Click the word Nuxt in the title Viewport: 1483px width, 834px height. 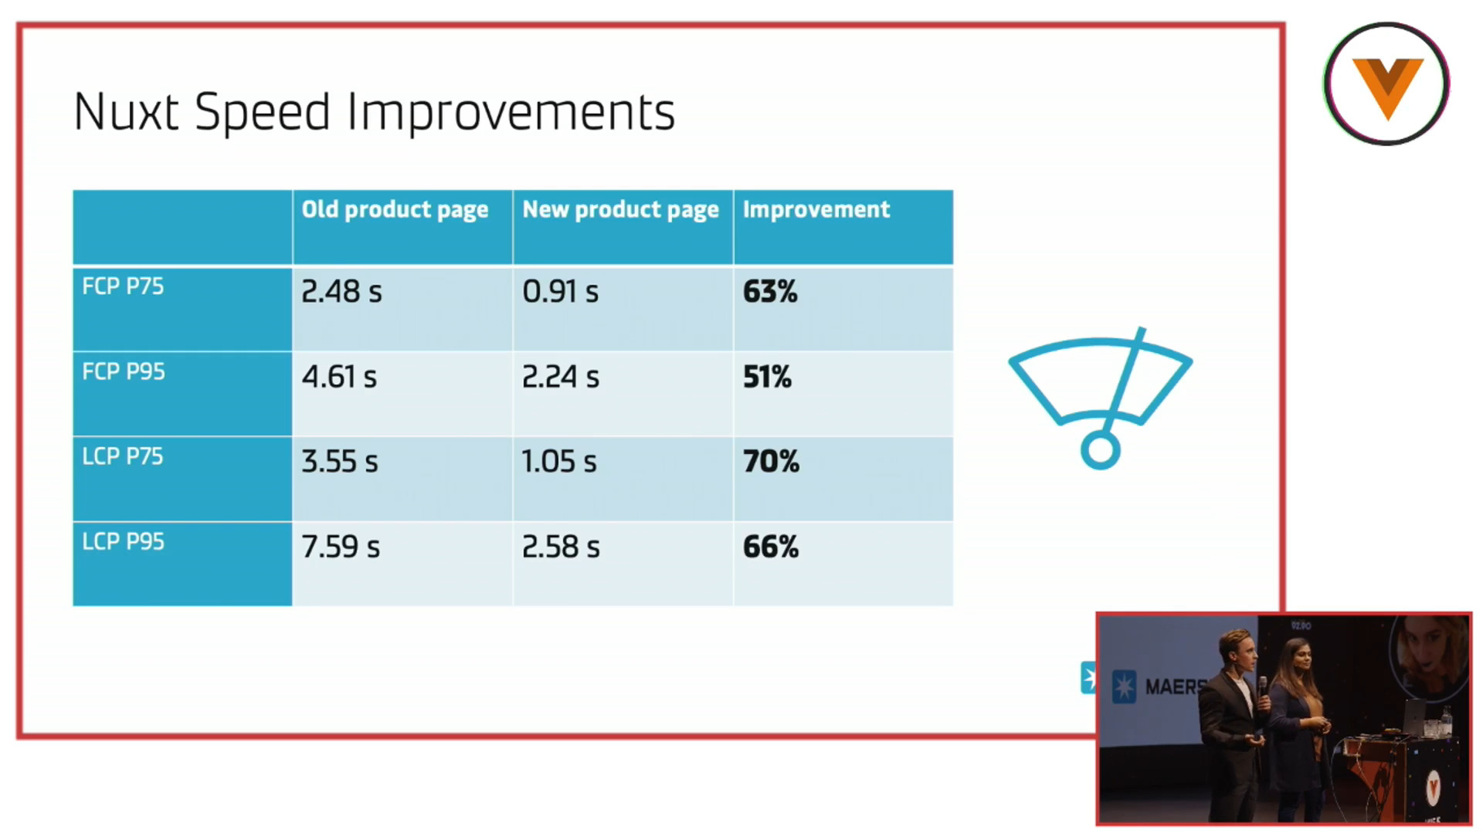pyautogui.click(x=127, y=112)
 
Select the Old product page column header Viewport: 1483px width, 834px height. pyautogui.click(x=395, y=210)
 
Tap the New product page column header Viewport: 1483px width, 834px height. pyautogui.click(x=620, y=210)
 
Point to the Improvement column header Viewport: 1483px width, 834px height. pyautogui.click(x=816, y=209)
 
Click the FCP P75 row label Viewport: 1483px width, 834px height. pyautogui.click(x=123, y=286)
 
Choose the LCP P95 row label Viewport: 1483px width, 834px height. pyautogui.click(x=123, y=541)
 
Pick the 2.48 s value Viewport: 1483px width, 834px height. pyautogui.click(x=341, y=292)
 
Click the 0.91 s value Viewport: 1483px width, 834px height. pyautogui.click(x=561, y=292)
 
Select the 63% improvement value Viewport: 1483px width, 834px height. pyautogui.click(x=770, y=292)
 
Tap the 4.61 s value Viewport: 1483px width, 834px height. pyautogui.click(x=339, y=377)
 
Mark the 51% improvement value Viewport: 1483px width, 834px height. pyautogui.click(x=767, y=377)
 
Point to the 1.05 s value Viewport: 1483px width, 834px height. pyautogui.click(x=559, y=462)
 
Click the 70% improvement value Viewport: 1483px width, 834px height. pyautogui.click(x=771, y=462)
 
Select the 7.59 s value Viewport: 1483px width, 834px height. pyautogui.click(x=341, y=547)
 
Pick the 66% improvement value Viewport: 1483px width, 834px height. pyautogui.click(x=771, y=547)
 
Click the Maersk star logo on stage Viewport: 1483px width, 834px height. pyautogui.click(x=1124, y=687)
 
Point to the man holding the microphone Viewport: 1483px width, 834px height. pyautogui.click(x=1233, y=724)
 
